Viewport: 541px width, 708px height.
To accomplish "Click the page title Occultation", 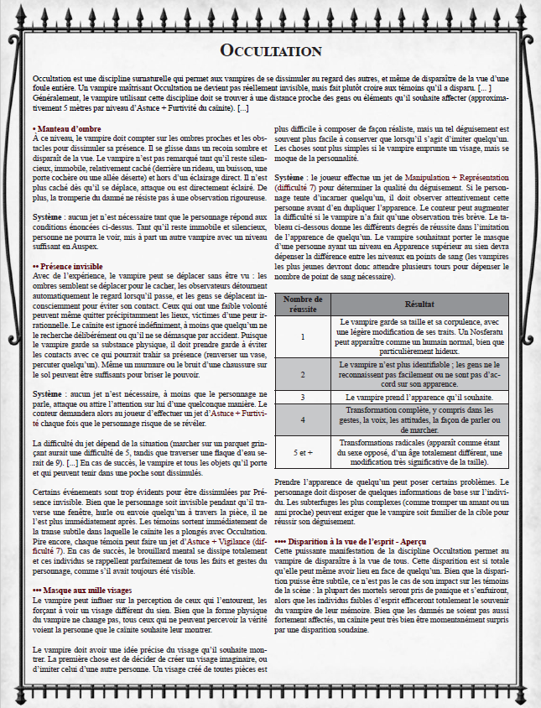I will (270, 51).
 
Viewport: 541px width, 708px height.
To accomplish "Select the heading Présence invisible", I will (73, 266).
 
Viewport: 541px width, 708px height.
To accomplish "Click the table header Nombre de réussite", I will (303, 304).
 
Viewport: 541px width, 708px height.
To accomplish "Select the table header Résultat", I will (419, 304).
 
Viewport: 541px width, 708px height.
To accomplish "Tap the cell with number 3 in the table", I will (303, 396).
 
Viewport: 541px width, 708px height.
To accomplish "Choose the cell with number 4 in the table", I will (303, 419).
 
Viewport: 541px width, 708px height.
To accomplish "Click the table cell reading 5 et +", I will (303, 451).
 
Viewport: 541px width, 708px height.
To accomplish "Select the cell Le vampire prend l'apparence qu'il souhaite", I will (419, 396).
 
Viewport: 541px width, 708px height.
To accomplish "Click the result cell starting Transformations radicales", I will (419, 451).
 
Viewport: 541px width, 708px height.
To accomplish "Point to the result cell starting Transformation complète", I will (419, 419).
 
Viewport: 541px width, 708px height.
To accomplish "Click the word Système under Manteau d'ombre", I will (47, 217).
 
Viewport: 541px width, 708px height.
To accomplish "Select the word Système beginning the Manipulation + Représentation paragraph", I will (290, 179).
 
